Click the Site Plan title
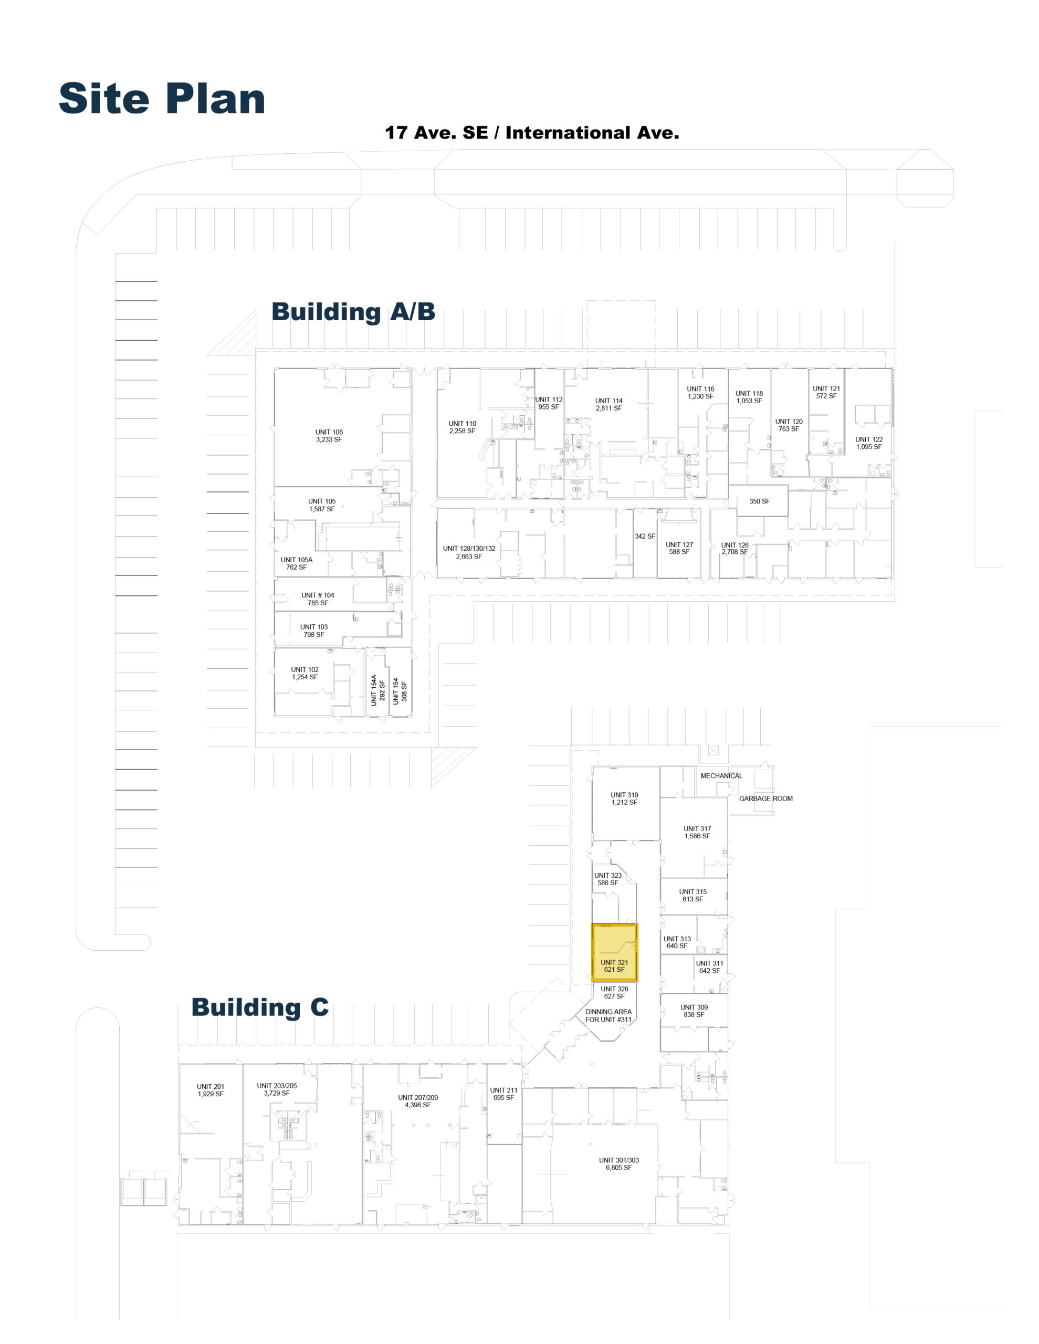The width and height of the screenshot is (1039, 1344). point(162,99)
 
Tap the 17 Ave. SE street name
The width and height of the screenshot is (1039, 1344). point(436,132)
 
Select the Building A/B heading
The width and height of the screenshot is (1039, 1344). point(353,311)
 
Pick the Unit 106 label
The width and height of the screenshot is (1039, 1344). point(329,436)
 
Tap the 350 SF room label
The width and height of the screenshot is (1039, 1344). point(759,501)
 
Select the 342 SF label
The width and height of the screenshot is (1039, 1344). point(644,536)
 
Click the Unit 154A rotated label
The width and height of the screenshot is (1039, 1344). point(377,690)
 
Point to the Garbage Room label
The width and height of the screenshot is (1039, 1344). point(765,798)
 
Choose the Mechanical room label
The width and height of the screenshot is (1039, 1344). point(721,775)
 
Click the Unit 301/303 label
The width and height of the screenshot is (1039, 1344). point(618,1164)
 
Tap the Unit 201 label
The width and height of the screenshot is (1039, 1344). point(211,1090)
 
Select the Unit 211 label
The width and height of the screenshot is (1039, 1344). point(503,1094)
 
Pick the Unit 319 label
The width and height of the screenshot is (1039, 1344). point(624,799)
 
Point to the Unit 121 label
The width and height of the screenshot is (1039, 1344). point(826,392)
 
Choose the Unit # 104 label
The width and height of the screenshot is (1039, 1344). point(318,599)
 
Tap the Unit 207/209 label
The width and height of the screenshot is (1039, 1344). point(418,1101)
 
